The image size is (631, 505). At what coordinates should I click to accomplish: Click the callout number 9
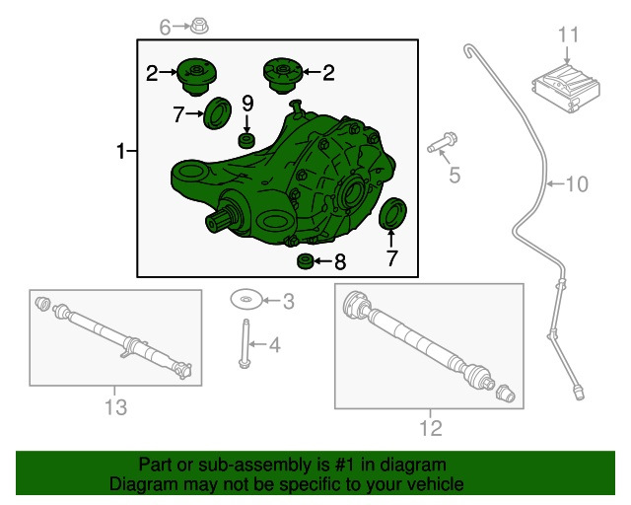247,103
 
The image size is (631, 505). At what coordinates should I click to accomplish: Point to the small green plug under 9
247,137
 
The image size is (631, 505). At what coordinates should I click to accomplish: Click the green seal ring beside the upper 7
218,112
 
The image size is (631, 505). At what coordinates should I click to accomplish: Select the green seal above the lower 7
391,213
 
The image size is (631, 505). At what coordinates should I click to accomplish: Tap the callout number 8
339,262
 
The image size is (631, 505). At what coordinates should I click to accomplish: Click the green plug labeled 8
308,261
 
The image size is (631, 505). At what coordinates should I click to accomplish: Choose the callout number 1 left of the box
122,152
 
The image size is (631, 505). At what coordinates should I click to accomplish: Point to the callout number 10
577,182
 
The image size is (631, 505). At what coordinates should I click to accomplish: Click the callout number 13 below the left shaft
115,406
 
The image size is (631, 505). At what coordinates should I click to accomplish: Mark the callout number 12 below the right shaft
431,427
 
